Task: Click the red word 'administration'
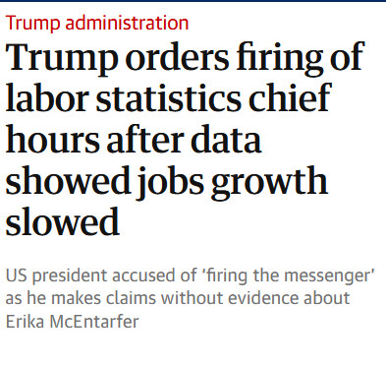click(x=127, y=23)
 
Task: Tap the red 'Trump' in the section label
click(x=32, y=24)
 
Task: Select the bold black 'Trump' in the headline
click(x=62, y=58)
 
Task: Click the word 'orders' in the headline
click(x=178, y=57)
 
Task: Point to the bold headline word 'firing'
click(x=280, y=58)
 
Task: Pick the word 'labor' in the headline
click(x=47, y=97)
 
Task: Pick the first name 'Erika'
click(x=25, y=322)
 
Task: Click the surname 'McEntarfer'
click(x=94, y=322)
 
